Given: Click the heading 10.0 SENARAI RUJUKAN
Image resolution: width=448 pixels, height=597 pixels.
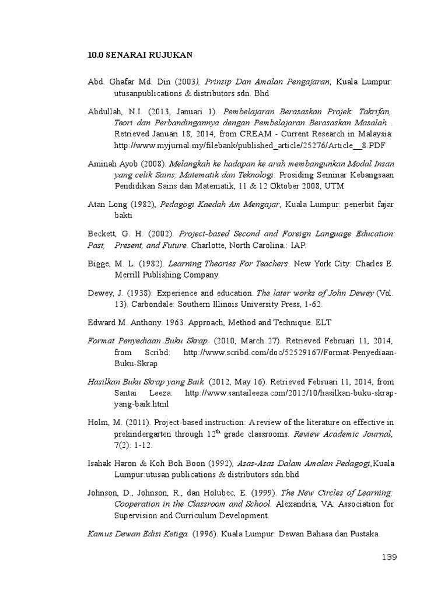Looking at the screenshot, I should click(140, 55).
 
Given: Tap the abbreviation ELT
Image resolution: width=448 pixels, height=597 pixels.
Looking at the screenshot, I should click(324, 322).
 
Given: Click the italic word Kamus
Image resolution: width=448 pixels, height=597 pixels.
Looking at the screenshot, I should click(100, 533).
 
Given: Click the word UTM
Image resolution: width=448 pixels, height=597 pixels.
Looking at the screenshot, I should click(334, 186).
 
